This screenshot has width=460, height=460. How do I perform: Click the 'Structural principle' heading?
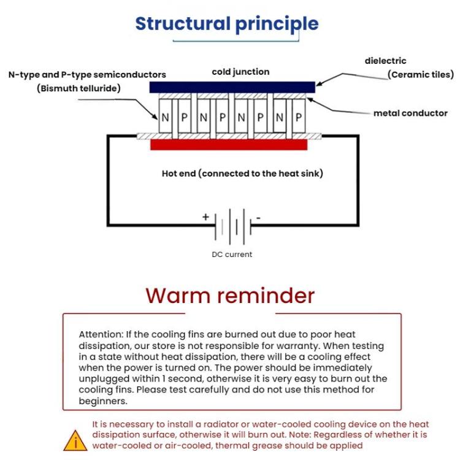click(227, 24)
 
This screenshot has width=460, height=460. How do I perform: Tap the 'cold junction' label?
click(240, 72)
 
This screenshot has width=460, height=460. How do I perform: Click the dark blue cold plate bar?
click(232, 88)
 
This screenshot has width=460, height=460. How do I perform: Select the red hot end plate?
click(229, 144)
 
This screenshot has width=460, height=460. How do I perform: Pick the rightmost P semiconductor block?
click(299, 117)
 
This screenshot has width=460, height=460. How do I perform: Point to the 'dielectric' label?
click(385, 61)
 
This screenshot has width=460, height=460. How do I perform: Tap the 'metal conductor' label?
click(410, 113)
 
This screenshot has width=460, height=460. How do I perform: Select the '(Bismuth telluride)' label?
click(78, 88)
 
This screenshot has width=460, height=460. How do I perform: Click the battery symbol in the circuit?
click(232, 225)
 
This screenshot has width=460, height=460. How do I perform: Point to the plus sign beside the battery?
click(205, 217)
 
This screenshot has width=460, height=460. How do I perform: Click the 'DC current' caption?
click(231, 255)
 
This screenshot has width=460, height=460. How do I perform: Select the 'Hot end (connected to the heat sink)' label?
click(242, 174)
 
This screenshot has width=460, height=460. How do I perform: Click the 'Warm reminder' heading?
click(230, 296)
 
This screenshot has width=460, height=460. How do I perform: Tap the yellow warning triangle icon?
click(76, 439)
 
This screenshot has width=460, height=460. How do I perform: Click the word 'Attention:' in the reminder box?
click(101, 335)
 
